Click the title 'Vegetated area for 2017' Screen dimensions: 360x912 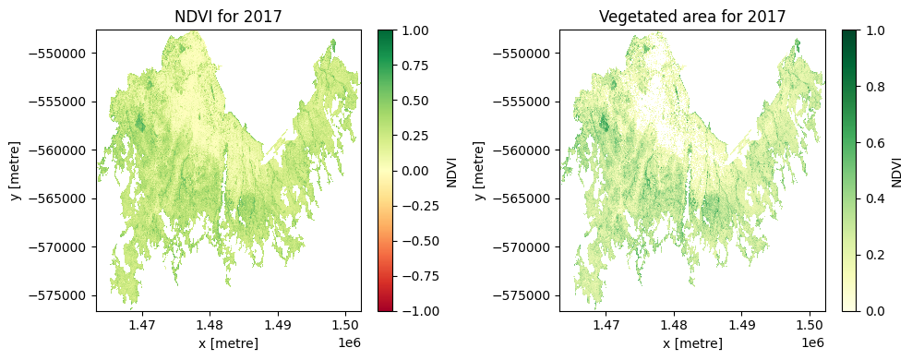click(x=691, y=16)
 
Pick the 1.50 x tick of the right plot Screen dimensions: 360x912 click(x=810, y=324)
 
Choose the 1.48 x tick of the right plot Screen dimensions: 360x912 click(x=674, y=324)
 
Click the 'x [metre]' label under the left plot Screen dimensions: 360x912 click(x=228, y=343)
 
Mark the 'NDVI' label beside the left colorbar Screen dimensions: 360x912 click(x=452, y=171)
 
